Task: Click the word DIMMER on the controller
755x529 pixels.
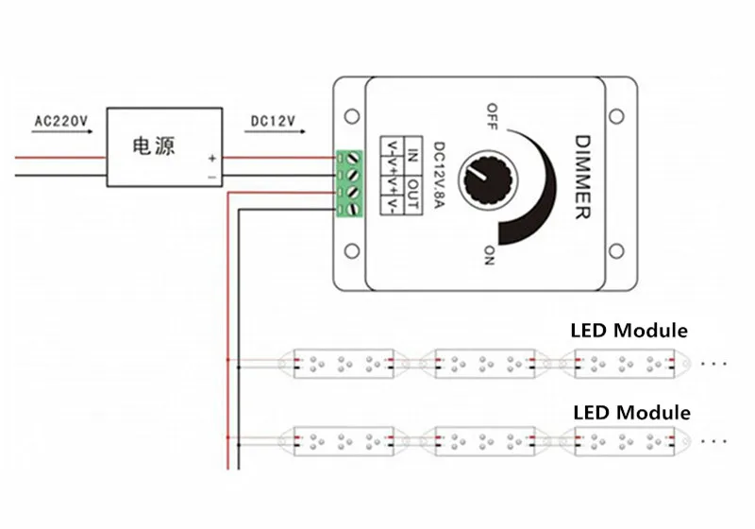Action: [x=582, y=177]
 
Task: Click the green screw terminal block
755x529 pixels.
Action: [x=351, y=184]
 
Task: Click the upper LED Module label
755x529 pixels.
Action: [x=629, y=331]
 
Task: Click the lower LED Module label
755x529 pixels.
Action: [x=631, y=412]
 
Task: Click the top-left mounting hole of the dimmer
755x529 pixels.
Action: [x=352, y=115]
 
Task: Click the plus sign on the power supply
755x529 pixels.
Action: [x=212, y=158]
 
